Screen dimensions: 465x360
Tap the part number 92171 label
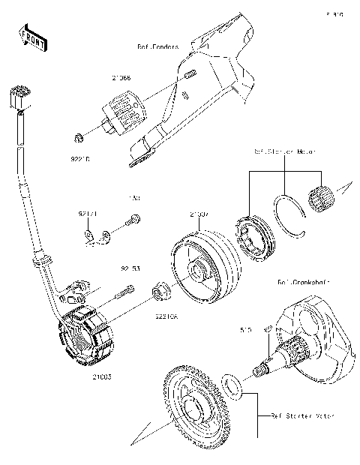88,214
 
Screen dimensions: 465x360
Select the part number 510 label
244,328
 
